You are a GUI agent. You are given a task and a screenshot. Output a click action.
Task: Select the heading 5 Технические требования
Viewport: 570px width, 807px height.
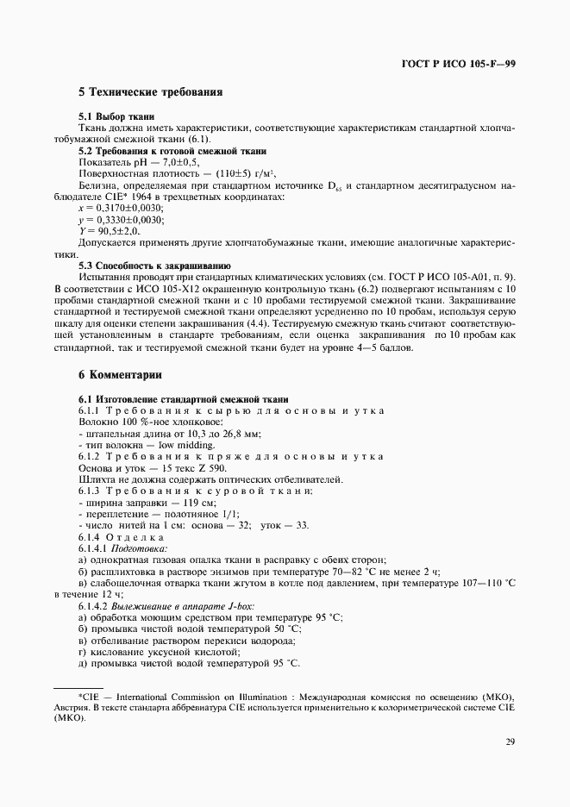point(151,92)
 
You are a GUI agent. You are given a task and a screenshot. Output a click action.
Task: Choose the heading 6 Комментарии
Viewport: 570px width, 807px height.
point(120,375)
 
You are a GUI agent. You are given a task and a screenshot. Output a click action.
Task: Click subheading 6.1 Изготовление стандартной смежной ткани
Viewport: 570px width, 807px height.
point(184,399)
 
